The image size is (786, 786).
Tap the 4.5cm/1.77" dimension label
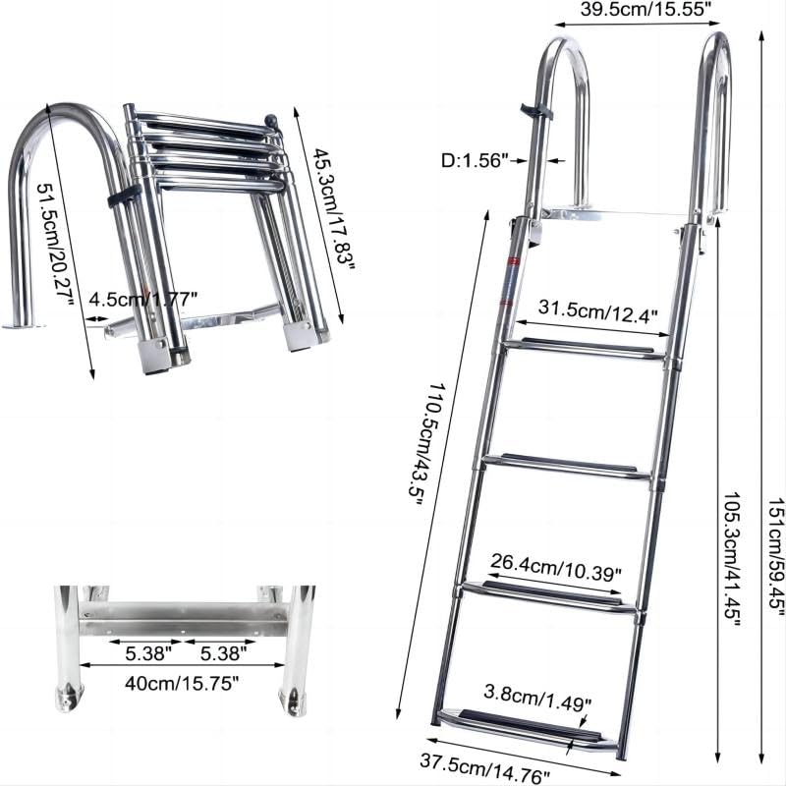coord(143,298)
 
